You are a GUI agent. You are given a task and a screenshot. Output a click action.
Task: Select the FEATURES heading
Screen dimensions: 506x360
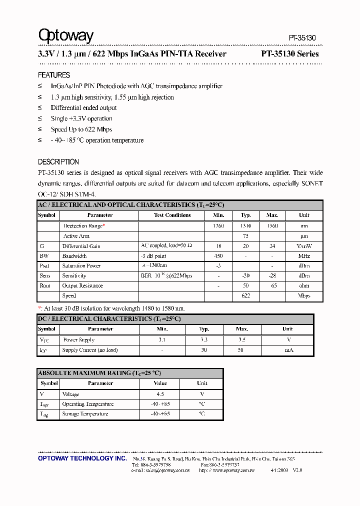point(54,75)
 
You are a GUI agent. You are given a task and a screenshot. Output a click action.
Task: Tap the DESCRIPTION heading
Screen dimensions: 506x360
point(58,162)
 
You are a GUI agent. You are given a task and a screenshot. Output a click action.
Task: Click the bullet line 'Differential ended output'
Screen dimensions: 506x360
point(83,108)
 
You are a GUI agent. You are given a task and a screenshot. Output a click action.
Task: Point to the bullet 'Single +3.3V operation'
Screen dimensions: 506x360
point(81,119)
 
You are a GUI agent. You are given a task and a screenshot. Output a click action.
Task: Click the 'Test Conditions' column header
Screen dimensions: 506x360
point(172,215)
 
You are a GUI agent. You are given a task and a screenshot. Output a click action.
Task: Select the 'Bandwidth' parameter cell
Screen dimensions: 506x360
point(74,256)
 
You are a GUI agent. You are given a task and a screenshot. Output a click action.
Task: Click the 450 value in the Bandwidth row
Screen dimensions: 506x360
point(218,256)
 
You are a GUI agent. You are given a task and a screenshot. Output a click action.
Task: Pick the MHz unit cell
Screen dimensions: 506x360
point(304,256)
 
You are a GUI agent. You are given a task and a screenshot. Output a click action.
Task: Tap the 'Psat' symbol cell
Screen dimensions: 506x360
point(45,266)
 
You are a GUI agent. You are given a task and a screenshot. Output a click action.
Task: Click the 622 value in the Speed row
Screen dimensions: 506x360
point(245,296)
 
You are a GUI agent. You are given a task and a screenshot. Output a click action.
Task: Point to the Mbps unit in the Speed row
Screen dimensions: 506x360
point(304,296)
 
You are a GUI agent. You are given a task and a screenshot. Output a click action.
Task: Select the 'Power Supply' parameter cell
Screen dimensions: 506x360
point(79,340)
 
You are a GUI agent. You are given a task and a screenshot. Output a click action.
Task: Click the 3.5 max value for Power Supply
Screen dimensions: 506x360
point(242,340)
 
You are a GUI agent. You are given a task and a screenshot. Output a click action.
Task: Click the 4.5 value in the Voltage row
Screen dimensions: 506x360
point(160,394)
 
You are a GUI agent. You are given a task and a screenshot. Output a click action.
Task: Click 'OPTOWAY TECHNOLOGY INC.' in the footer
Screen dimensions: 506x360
point(82,458)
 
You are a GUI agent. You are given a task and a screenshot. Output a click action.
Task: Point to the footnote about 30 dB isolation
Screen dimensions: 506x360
point(111,308)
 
